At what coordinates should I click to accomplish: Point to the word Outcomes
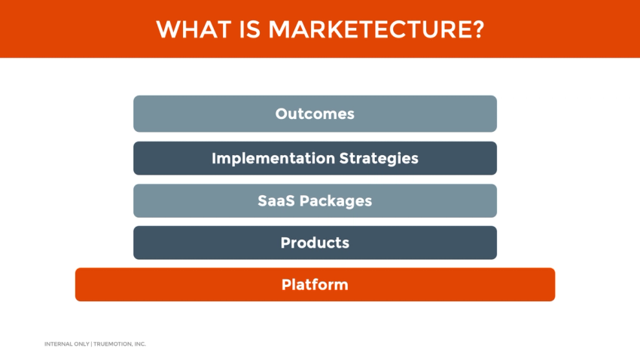(315, 114)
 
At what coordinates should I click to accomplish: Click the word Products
(315, 243)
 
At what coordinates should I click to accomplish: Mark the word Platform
(315, 285)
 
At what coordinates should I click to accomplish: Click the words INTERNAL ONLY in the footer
(66, 344)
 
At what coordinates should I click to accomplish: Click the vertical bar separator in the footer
(90, 344)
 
